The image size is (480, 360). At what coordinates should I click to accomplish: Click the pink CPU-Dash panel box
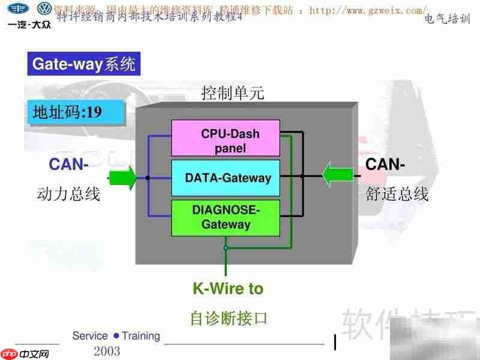226,138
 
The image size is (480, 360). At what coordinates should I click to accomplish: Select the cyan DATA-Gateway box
226,178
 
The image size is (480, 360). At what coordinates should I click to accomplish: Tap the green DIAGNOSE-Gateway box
226,217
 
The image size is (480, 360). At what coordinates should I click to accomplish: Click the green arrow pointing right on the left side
122,178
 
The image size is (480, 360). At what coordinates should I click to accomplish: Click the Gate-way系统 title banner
84,64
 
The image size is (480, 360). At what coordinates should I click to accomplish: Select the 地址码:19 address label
67,113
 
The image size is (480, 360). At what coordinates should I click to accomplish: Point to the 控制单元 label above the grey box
233,94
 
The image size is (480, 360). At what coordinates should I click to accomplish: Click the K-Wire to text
228,289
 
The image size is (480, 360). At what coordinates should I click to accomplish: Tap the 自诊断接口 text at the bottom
228,317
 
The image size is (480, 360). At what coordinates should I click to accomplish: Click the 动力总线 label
68,194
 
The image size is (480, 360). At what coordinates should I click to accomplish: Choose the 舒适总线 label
397,194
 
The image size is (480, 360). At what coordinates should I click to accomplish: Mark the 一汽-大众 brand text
28,25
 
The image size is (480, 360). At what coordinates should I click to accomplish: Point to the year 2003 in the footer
107,351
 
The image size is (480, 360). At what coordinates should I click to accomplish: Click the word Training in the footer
140,336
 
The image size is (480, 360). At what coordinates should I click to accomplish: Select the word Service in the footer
90,336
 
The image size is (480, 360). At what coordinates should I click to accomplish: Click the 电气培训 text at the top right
447,19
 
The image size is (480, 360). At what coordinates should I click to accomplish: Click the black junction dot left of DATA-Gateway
147,178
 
